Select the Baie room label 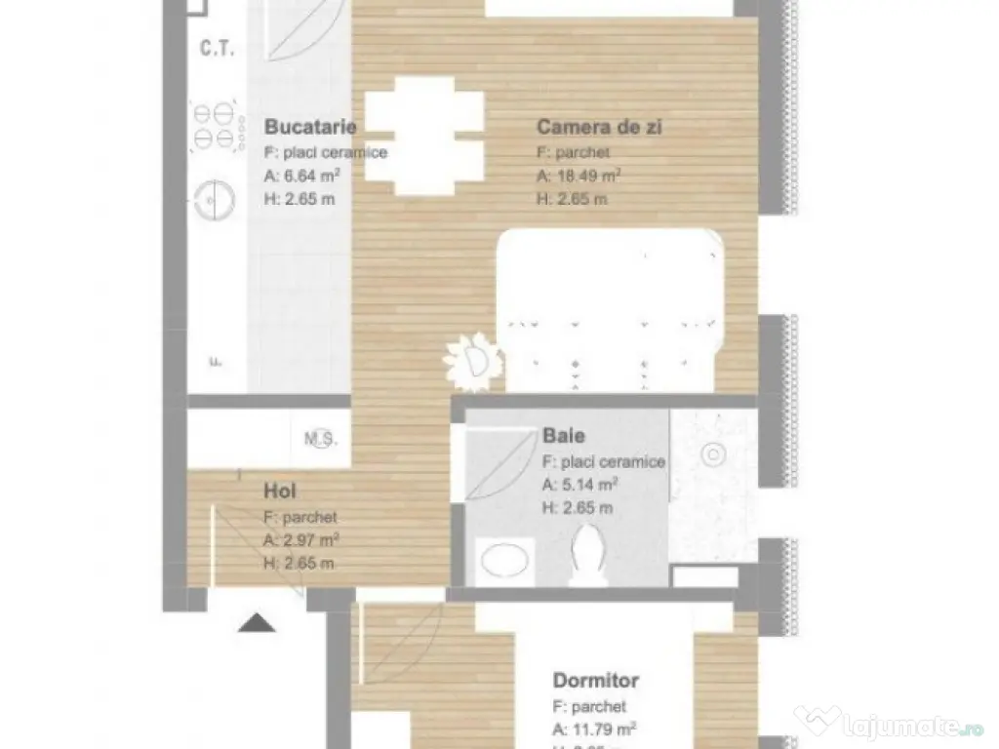click(x=566, y=437)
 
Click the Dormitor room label click(x=595, y=680)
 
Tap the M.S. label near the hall click(x=321, y=439)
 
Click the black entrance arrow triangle click(x=255, y=622)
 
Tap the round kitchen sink click(x=212, y=201)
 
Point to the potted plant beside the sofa click(x=472, y=360)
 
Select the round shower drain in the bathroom click(x=714, y=453)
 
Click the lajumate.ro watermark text click(x=892, y=724)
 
